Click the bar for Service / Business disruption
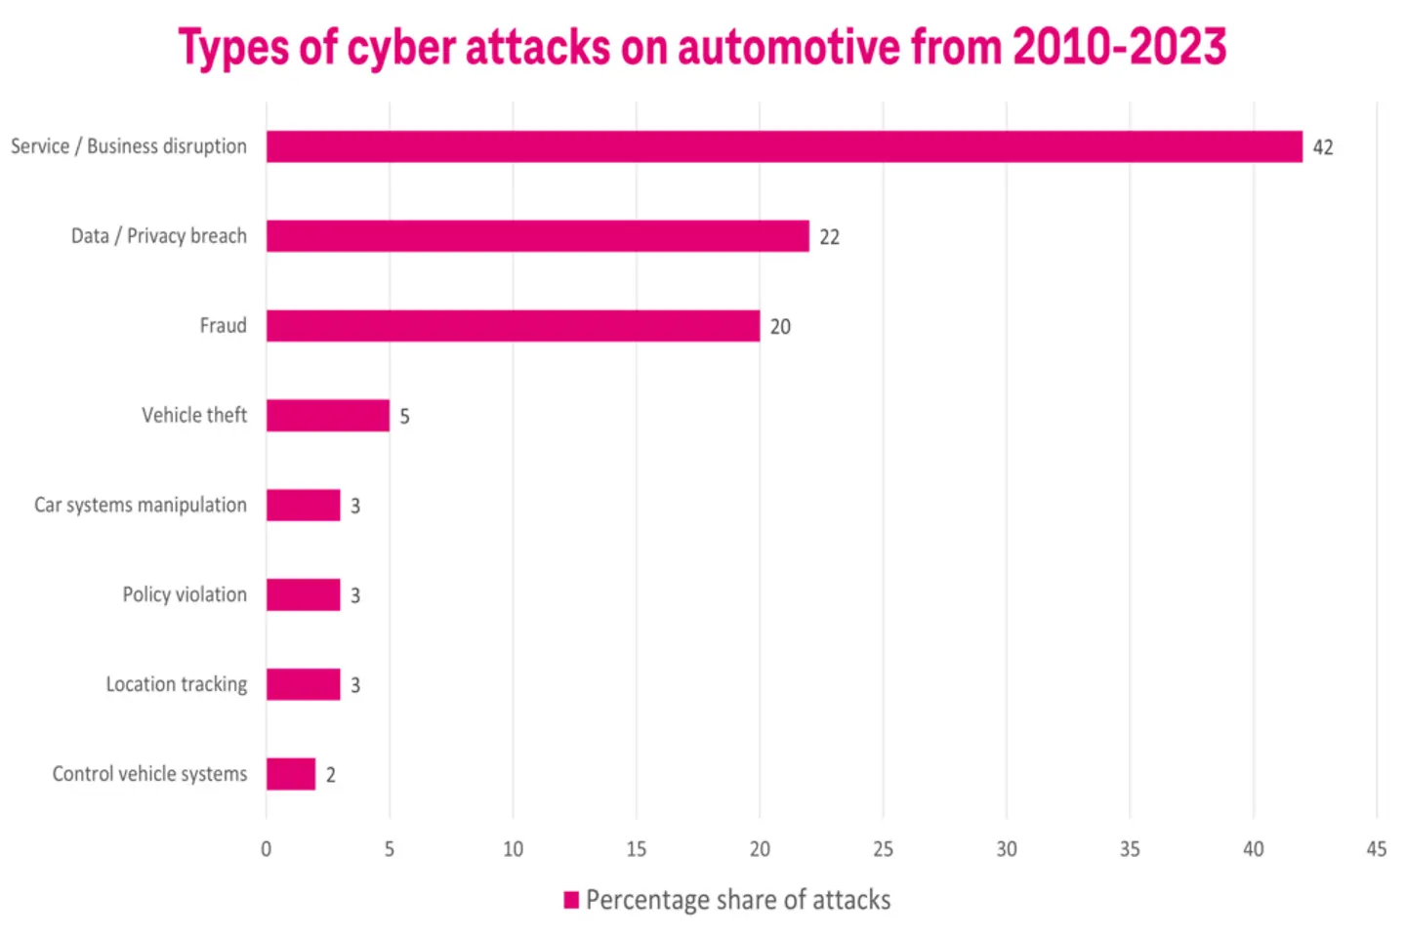[x=784, y=146]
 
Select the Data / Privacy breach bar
[x=537, y=236]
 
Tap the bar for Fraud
[x=513, y=326]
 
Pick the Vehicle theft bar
[x=327, y=416]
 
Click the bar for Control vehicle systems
[x=290, y=774]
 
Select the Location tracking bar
[x=303, y=684]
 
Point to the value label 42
[x=1322, y=147]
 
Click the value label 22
[x=829, y=237]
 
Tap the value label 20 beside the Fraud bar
[x=780, y=327]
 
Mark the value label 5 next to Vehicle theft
[x=404, y=417]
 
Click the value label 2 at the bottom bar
[x=331, y=775]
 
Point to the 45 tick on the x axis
[x=1376, y=849]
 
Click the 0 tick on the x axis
[x=266, y=849]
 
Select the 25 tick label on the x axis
[x=883, y=849]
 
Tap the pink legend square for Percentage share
[x=571, y=900]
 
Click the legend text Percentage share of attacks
[x=738, y=900]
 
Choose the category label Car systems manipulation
[x=141, y=505]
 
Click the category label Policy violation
[x=185, y=594]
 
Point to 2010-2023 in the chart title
[x=1119, y=47]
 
